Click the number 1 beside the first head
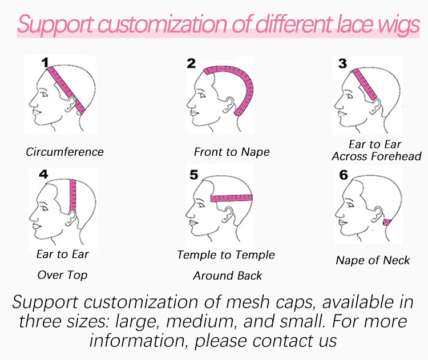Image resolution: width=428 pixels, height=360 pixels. tap(45, 63)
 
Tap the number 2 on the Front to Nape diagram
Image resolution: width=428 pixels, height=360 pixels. tap(191, 63)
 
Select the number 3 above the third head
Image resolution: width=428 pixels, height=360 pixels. tap(342, 63)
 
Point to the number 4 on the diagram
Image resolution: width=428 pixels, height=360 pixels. tap(44, 174)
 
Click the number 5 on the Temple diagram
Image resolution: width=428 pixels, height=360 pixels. tap(194, 175)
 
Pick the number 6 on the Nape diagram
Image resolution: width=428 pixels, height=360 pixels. tap(344, 175)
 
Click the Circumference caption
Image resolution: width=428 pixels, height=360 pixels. tap(64, 152)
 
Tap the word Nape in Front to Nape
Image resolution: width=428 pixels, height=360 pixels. tap(256, 152)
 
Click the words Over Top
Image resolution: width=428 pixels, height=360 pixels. tap(63, 275)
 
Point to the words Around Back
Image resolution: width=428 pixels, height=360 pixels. tap(227, 276)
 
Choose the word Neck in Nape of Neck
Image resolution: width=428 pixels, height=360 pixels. tap(397, 260)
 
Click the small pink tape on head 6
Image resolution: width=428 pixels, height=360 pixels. tap(387, 222)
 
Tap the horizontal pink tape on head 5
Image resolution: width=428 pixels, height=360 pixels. tap(232, 198)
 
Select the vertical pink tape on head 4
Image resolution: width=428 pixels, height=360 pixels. tap(72, 195)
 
